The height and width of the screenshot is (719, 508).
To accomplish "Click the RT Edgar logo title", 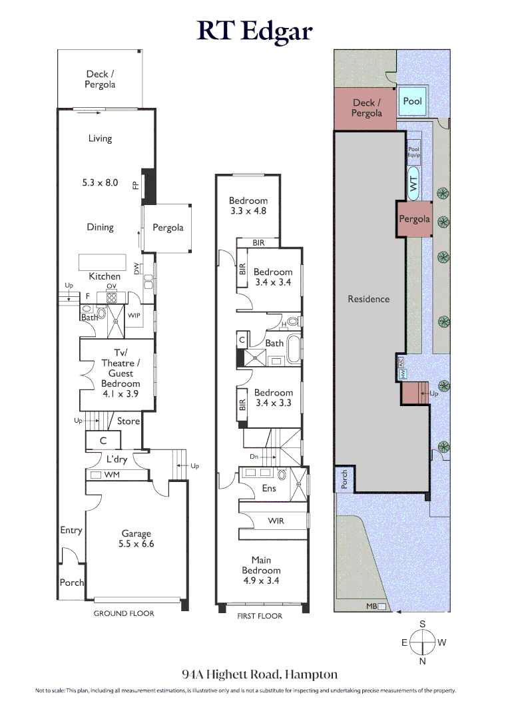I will (254, 31).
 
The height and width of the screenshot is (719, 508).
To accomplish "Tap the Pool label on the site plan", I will (413, 101).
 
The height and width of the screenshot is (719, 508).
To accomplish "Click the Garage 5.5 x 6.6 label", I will (136, 538).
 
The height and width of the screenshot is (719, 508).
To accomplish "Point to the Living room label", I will (100, 138).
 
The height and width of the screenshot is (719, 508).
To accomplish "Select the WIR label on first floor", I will (275, 521).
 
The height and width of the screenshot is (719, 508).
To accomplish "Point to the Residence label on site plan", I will (368, 299).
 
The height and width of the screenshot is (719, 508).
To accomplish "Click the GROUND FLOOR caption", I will (124, 613).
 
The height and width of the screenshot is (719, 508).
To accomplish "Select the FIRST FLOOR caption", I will (260, 616).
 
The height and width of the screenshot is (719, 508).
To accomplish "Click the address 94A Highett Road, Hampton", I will (260, 674).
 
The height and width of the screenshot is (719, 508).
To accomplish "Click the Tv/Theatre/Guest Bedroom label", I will (121, 373).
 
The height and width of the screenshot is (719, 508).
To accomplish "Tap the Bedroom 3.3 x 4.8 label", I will (248, 206).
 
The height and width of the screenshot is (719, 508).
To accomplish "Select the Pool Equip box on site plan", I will (414, 152).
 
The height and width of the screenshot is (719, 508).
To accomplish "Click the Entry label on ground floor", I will (71, 530).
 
